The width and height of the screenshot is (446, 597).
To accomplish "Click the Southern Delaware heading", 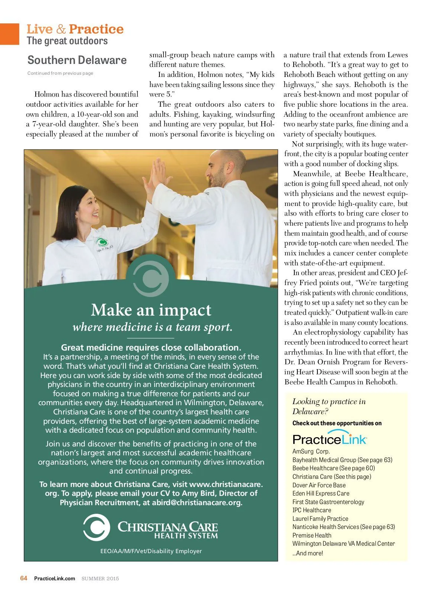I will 77,60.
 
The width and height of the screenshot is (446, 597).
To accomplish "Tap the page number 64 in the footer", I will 24,578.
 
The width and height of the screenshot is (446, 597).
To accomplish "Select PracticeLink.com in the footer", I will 55,578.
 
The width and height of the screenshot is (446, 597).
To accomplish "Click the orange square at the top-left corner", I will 9,34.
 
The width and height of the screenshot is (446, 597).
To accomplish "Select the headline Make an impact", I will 151,310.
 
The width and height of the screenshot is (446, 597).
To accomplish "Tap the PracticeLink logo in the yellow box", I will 330,439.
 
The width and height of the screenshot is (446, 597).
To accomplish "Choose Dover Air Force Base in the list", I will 319,485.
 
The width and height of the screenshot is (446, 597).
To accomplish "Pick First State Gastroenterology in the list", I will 328,502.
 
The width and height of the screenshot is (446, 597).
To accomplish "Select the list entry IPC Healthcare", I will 311,510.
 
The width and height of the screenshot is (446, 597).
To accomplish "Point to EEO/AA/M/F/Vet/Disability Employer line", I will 151,551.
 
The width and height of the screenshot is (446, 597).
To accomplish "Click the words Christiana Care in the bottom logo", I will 168,527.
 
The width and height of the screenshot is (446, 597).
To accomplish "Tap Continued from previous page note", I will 60,73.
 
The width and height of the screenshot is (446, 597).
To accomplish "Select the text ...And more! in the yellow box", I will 307,553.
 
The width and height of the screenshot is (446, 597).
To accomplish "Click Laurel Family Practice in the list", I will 320,519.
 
